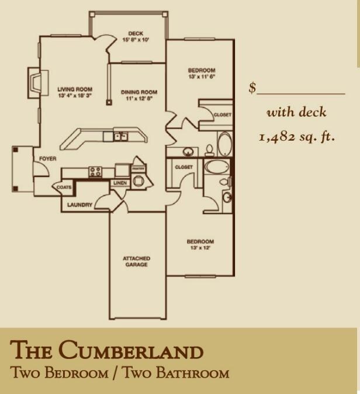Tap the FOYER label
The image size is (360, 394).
click(x=47, y=159)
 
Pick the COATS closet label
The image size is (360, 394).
click(x=64, y=187)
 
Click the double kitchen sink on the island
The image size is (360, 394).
click(x=120, y=137)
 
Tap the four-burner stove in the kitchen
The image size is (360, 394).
click(x=95, y=172)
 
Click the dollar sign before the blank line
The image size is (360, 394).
click(x=252, y=88)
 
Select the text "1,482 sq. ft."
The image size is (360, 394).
click(x=296, y=137)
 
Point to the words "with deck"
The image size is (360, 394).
click(x=296, y=112)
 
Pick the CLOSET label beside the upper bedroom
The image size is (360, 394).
click(x=222, y=115)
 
